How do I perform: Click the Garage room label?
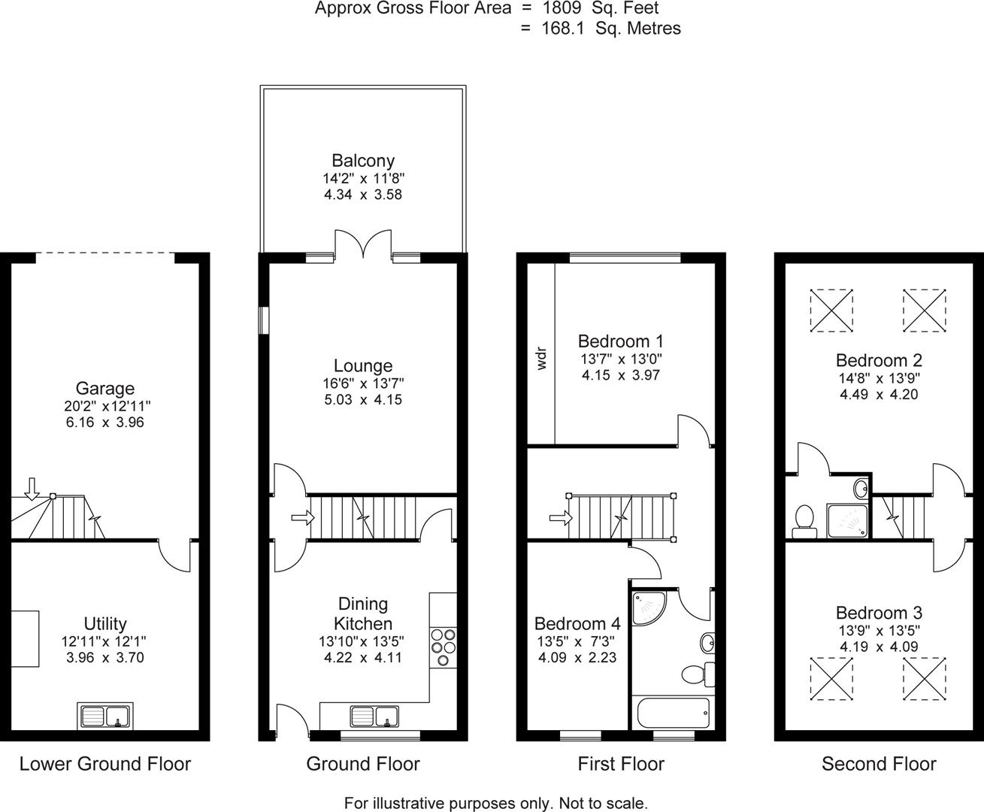pos(105,389)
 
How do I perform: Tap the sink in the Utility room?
pos(105,716)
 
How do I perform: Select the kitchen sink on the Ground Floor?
pos(374,717)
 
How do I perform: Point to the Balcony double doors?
pos(362,244)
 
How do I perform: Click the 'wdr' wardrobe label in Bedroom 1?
pos(541,358)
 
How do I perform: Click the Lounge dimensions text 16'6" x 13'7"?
pos(363,383)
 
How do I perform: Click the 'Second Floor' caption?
pos(879,765)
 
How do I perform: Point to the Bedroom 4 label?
pos(577,624)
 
